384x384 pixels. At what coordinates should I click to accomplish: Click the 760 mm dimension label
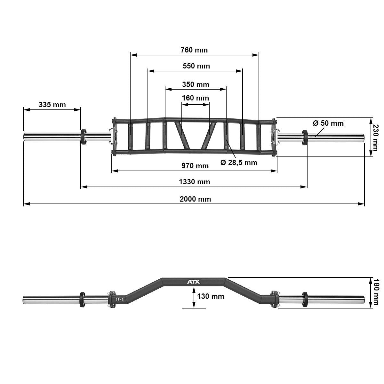click(x=194, y=50)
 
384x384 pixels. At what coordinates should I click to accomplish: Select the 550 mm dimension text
click(x=196, y=66)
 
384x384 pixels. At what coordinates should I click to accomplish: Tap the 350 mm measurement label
click(x=196, y=84)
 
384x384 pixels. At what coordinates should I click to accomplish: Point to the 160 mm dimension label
click(x=195, y=98)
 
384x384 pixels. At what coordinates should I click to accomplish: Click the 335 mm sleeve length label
click(x=52, y=105)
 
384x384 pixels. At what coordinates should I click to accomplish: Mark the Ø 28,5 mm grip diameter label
click(x=239, y=163)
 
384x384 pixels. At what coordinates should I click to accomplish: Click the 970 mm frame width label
click(x=195, y=166)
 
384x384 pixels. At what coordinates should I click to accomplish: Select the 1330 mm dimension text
click(x=194, y=182)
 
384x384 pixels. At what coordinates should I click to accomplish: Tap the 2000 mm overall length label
click(x=195, y=199)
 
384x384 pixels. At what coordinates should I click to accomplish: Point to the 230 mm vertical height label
click(x=376, y=137)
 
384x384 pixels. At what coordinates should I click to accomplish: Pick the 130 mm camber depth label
click(x=211, y=296)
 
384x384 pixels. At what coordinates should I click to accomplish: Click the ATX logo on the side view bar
click(x=193, y=282)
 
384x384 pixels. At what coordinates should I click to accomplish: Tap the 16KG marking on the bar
click(x=119, y=300)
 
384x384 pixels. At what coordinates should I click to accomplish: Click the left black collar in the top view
click(x=84, y=137)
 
